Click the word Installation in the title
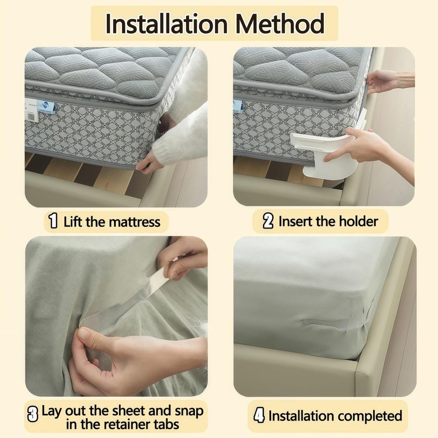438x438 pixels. (x=167, y=24)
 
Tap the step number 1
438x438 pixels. (x=53, y=221)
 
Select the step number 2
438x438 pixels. (x=268, y=221)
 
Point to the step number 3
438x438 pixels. (x=33, y=414)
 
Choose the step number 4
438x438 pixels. (x=259, y=415)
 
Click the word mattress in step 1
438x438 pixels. (x=134, y=222)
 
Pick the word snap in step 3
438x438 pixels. (x=189, y=412)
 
